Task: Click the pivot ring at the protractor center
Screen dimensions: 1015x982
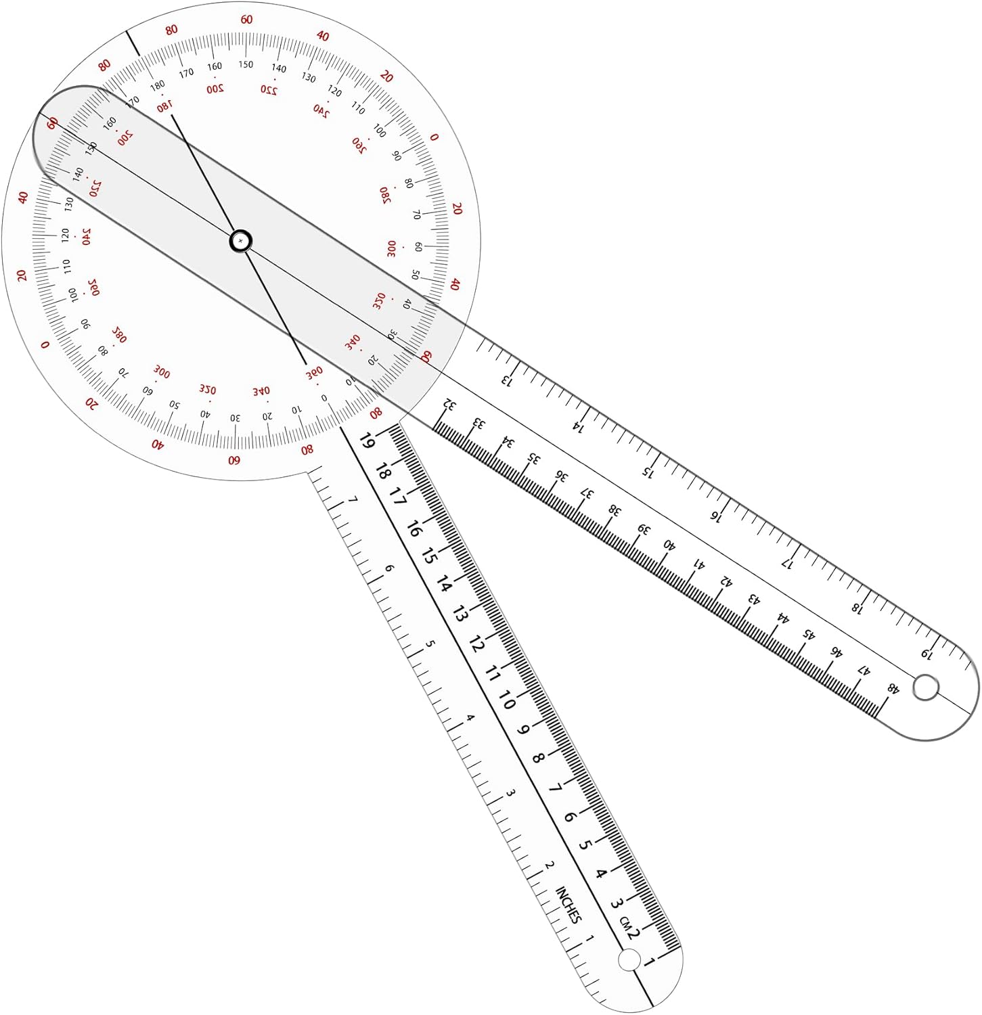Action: pos(241,241)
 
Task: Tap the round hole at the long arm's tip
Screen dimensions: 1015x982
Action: pos(926,688)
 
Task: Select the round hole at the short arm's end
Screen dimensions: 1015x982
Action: pos(629,960)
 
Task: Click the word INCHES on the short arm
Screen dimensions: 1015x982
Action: pos(568,905)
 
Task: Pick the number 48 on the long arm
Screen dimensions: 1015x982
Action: pos(893,689)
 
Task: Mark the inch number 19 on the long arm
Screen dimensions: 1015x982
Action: pos(927,654)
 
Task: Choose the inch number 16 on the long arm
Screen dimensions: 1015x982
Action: pos(716,516)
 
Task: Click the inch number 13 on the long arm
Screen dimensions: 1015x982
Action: pos(507,380)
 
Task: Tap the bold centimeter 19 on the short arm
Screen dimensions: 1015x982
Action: pos(366,441)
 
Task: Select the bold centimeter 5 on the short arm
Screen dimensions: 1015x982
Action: pos(585,844)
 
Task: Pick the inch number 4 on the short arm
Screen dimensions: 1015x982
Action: pos(470,718)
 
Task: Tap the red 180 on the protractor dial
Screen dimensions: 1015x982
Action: pos(164,106)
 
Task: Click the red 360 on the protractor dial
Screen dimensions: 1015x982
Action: pos(314,373)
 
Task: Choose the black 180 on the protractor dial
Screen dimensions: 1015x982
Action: pos(157,86)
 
